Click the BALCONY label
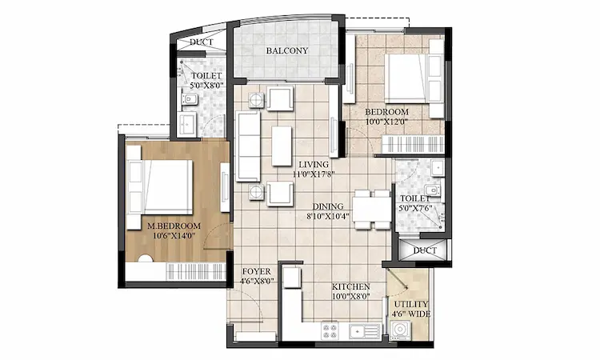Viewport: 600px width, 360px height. click(286, 51)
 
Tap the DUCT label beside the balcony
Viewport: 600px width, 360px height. click(200, 42)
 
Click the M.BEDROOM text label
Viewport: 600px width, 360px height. click(173, 226)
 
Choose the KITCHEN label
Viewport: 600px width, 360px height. click(351, 286)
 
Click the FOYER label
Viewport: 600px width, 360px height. click(257, 271)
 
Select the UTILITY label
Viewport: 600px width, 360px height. click(410, 304)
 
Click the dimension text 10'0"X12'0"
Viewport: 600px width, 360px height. click(386, 122)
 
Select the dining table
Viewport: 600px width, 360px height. click(370, 207)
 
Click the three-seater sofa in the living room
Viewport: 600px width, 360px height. click(249, 145)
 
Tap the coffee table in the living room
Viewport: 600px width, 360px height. click(282, 145)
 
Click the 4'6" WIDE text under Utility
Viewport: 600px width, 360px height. click(410, 314)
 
